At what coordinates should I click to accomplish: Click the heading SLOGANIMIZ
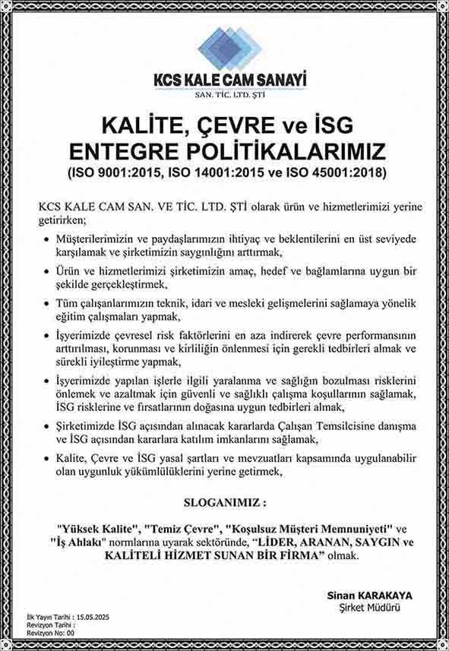point(226,504)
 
